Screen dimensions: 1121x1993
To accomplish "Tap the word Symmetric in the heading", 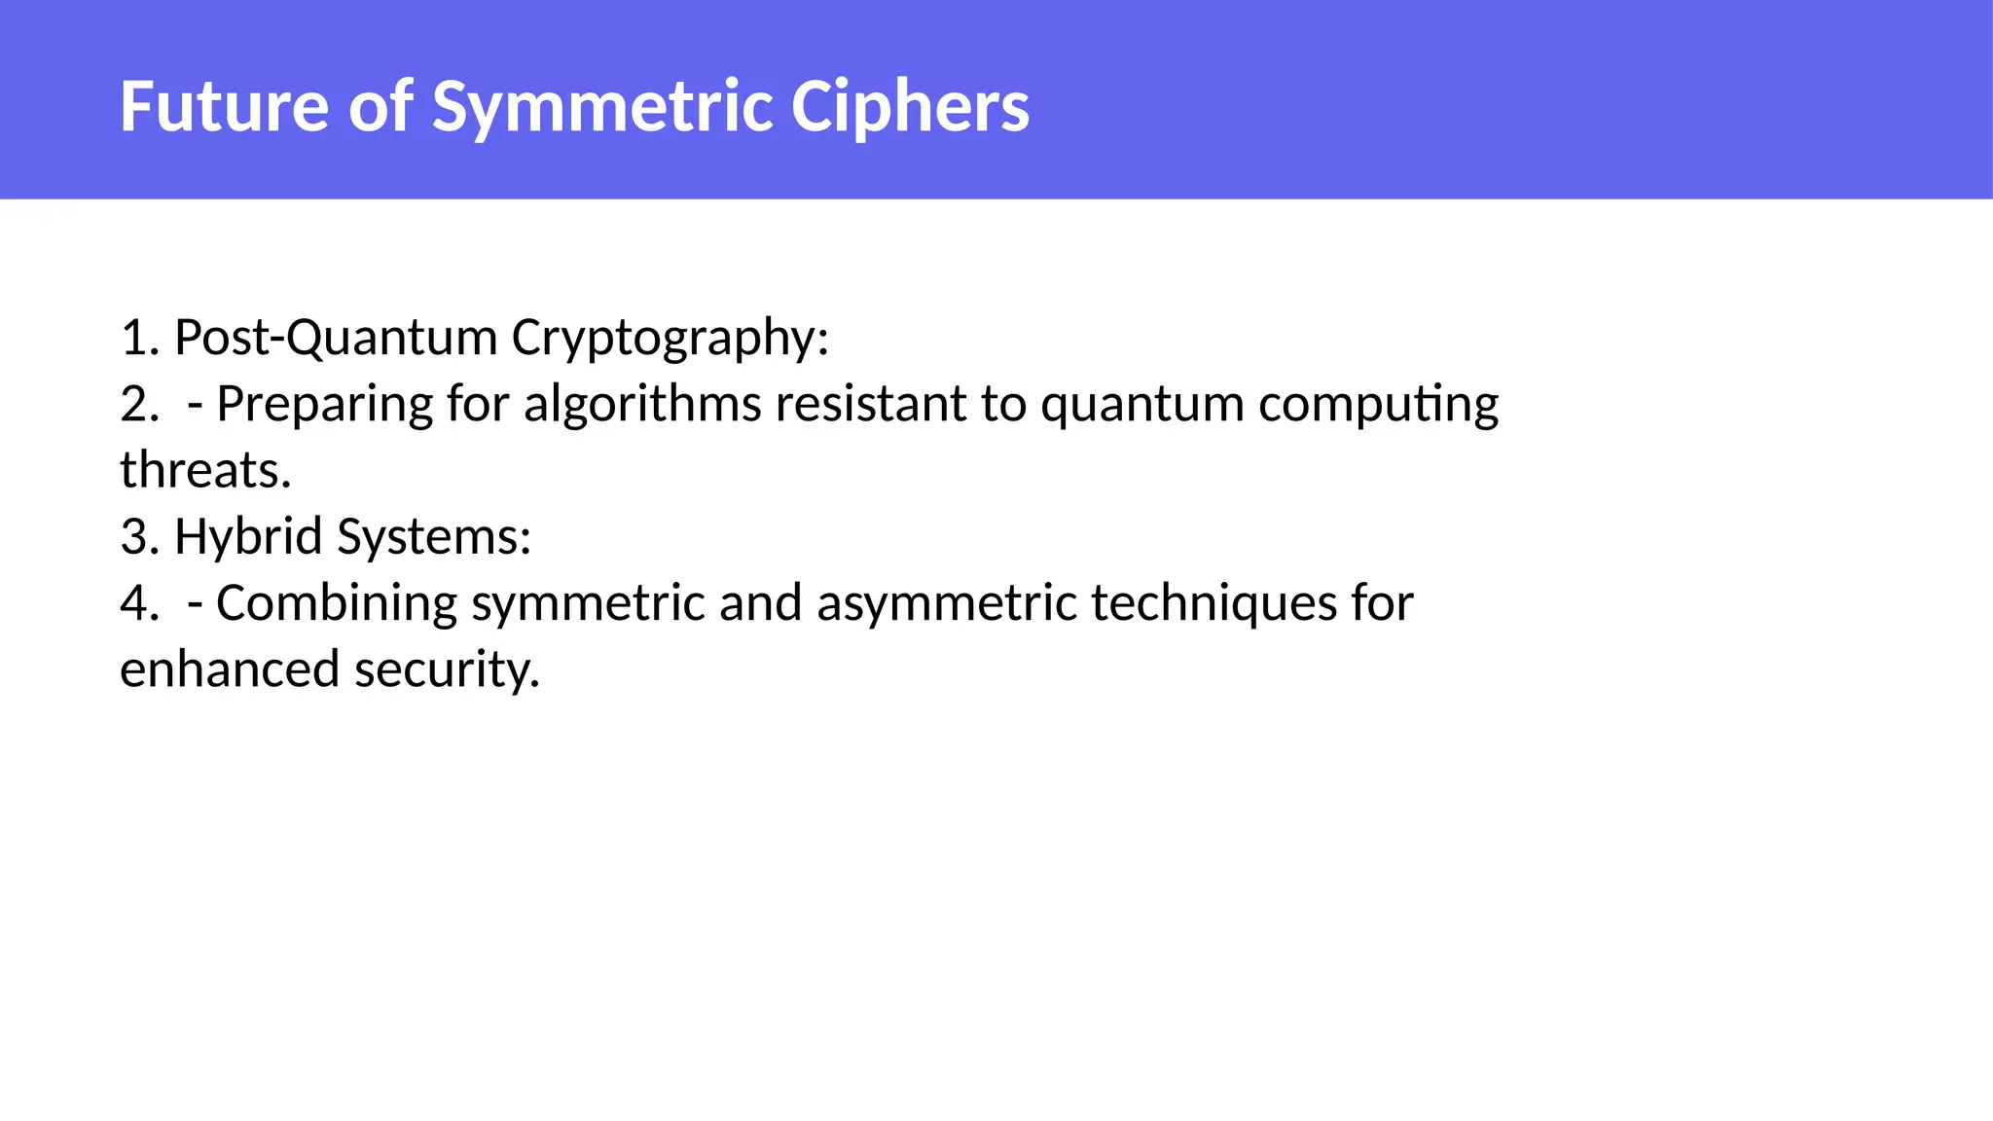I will point(603,107).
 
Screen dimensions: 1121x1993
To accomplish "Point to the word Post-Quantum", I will point(336,338).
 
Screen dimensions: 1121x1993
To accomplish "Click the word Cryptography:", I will point(670,340).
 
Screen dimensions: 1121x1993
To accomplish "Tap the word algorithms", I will point(642,405).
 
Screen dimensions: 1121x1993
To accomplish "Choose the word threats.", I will point(205,470).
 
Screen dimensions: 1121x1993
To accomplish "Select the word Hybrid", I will point(248,536).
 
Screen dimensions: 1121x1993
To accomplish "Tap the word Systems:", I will point(434,538).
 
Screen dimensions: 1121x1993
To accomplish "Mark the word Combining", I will point(337,603).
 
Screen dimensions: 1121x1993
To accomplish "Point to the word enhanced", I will point(230,669).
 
